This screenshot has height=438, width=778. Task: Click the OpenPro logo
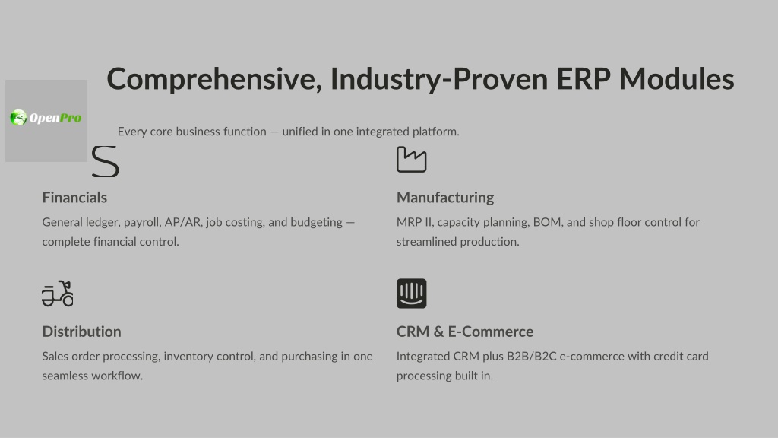pos(46,118)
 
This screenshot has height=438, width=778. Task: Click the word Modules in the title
pos(676,79)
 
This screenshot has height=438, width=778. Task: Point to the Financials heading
pos(74,198)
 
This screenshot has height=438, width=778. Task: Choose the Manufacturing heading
pos(445,198)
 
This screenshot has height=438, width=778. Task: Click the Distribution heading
pos(81,332)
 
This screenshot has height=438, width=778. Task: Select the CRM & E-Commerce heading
pos(465,332)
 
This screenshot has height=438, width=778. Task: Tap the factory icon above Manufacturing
pos(411,160)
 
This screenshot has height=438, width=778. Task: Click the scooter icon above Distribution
pos(58,294)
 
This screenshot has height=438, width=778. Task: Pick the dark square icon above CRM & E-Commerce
pos(411,294)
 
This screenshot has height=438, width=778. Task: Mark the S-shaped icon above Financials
pos(105,161)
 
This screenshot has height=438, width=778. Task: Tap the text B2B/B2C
pos(531,357)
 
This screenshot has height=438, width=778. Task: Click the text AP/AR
pos(183,222)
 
